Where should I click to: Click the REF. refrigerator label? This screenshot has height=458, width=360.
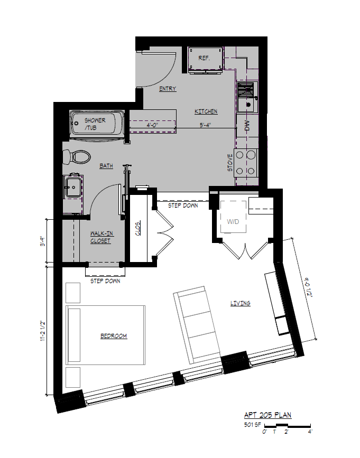(204, 58)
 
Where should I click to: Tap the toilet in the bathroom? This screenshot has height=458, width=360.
(77, 156)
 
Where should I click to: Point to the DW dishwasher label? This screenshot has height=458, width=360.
(247, 126)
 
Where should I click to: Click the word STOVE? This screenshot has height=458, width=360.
(230, 163)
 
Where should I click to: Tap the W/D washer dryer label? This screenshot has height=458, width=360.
(233, 222)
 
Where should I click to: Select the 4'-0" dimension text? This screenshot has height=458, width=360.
(153, 125)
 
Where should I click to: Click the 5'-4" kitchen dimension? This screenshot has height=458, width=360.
(206, 125)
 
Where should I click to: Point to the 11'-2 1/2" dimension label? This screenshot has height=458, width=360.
(43, 331)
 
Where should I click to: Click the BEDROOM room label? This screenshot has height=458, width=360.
(114, 336)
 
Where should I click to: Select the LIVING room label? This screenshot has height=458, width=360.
(240, 303)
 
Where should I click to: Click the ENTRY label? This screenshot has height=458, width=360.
(168, 89)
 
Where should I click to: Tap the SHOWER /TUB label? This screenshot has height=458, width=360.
(95, 124)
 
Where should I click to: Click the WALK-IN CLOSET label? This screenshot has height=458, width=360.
(100, 237)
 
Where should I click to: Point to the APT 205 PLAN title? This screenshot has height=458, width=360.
(267, 415)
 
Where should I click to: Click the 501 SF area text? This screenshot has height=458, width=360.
(252, 425)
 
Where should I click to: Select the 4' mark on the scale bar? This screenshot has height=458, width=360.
(310, 432)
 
